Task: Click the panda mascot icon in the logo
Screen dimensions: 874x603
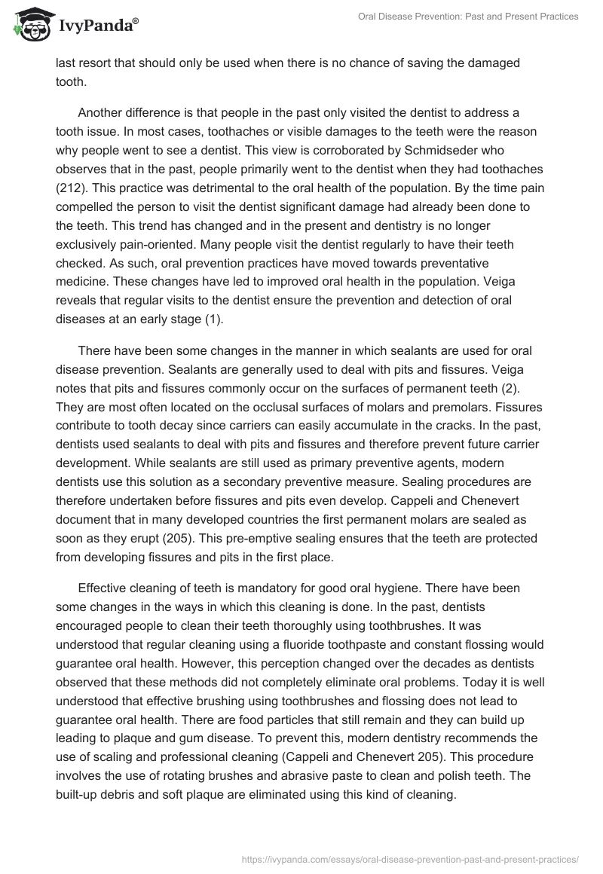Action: (30, 25)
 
